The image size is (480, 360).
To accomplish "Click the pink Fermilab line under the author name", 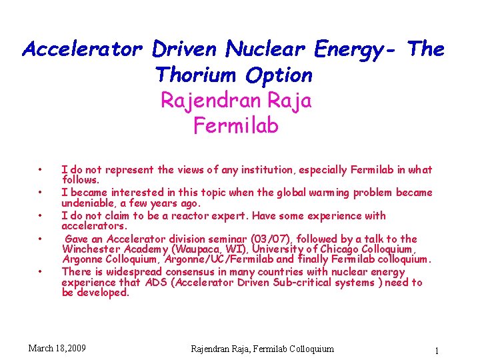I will click(235, 125).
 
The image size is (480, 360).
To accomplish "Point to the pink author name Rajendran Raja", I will click(235, 101).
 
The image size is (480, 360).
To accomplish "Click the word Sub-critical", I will click(301, 283).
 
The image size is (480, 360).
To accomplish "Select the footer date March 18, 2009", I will click(57, 348).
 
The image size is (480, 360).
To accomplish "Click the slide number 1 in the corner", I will click(436, 351).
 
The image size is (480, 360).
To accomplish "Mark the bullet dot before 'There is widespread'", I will click(41, 271).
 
